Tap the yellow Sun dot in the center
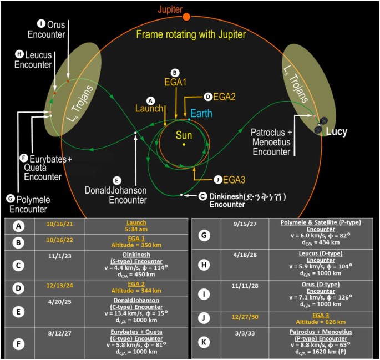point(183,145)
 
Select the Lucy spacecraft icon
point(321,125)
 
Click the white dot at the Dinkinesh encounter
point(181,195)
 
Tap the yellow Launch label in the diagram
point(149,109)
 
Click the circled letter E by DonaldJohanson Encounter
point(116,180)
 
